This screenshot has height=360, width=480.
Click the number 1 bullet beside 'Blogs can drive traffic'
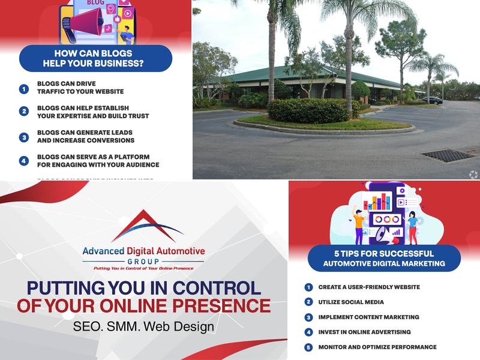click(24, 89)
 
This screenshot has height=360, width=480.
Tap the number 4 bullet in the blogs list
click(24, 161)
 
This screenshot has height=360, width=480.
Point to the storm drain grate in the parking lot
click(448, 155)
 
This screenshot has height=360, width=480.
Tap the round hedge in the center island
click(308, 110)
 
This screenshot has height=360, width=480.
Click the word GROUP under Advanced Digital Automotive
click(143, 262)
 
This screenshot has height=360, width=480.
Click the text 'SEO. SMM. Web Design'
click(143, 328)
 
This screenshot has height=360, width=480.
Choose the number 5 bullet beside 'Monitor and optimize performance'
click(308, 347)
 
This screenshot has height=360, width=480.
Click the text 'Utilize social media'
click(351, 302)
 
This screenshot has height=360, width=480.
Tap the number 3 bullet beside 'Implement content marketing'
click(308, 317)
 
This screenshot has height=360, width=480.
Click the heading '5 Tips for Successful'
click(384, 254)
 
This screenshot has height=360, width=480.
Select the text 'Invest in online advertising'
click(364, 332)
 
